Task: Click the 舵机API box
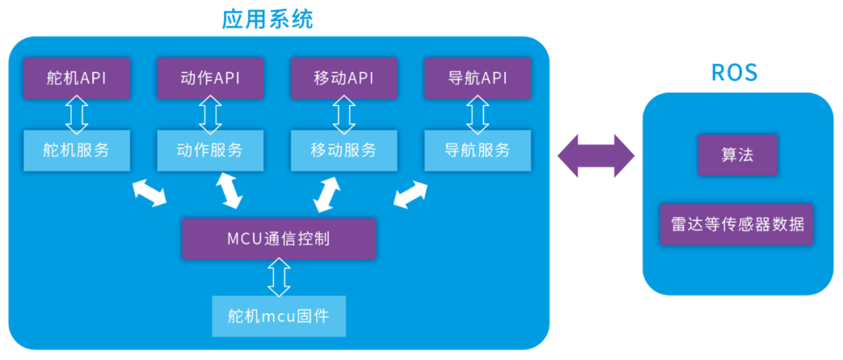(x=76, y=78)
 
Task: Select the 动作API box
(x=210, y=78)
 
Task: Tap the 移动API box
(x=344, y=78)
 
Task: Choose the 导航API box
(x=478, y=78)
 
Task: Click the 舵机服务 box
(x=76, y=150)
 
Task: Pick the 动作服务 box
(x=210, y=150)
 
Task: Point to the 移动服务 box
(x=344, y=150)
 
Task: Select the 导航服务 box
(x=478, y=150)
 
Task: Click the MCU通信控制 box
(x=279, y=238)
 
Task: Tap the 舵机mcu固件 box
(x=279, y=316)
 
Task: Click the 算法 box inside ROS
(x=738, y=155)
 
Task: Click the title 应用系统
(x=268, y=19)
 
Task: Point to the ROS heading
(x=735, y=73)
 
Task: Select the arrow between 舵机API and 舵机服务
(x=76, y=114)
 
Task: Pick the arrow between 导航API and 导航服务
(x=478, y=114)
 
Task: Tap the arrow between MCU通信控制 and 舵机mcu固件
(x=279, y=276)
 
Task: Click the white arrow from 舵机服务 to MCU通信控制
(x=149, y=193)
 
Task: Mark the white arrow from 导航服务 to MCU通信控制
(x=411, y=194)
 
